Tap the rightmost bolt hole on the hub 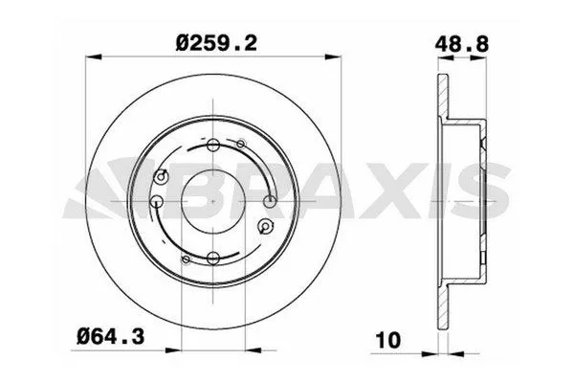click(x=271, y=201)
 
